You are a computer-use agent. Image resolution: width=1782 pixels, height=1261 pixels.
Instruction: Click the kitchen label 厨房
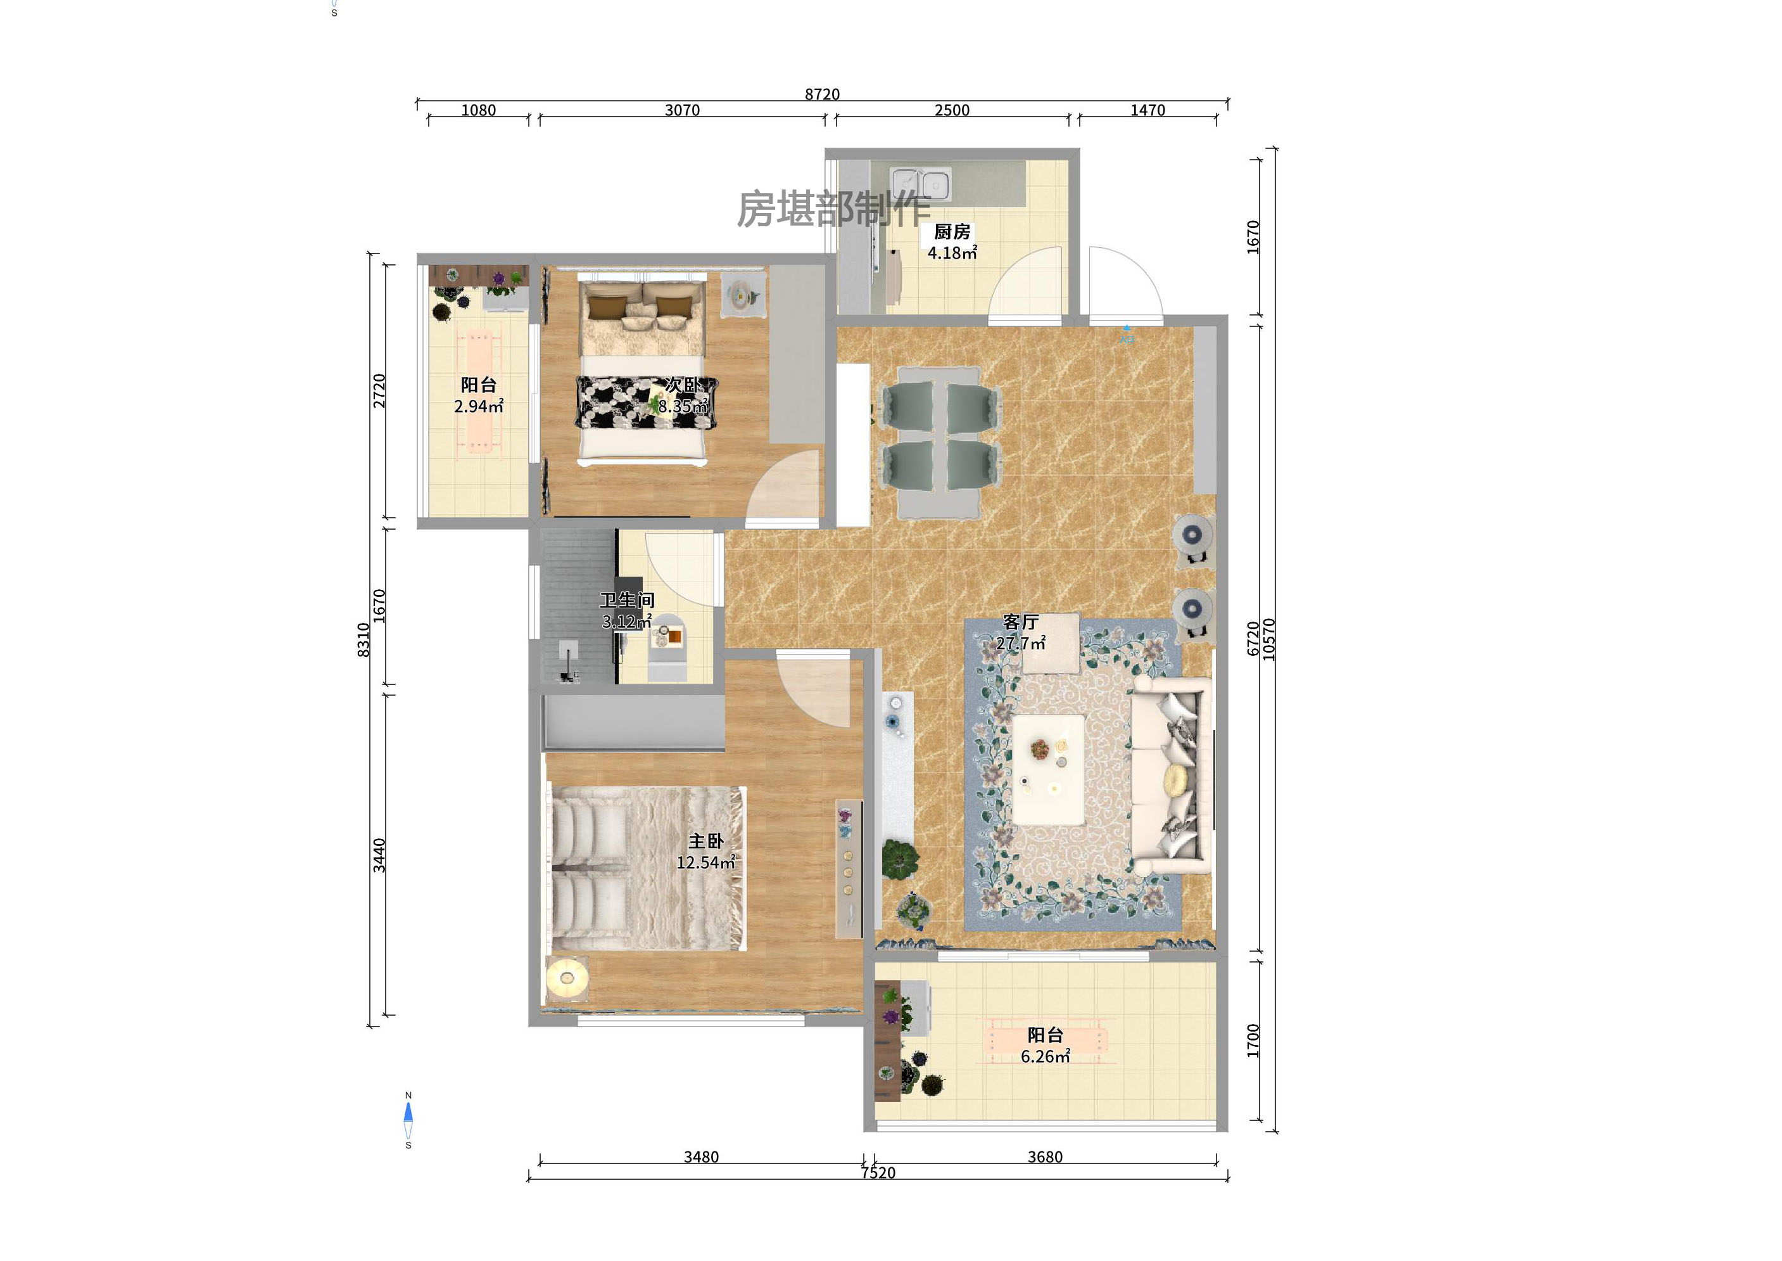pos(952,231)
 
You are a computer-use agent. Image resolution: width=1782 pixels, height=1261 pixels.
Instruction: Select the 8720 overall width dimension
pos(822,94)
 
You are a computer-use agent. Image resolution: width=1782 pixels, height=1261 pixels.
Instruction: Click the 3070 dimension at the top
pos(682,110)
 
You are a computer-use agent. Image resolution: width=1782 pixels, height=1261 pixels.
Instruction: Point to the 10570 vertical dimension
pos(1269,639)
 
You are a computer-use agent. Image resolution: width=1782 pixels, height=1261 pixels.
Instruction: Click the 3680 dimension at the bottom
pos(1045,1157)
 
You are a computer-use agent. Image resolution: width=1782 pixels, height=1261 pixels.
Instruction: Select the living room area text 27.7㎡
pos(1021,644)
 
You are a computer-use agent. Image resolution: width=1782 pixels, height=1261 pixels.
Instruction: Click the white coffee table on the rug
pos(1049,769)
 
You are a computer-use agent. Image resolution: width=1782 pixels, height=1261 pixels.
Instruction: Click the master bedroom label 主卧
pos(705,841)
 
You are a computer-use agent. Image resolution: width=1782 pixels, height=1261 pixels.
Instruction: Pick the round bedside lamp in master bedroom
pos(567,978)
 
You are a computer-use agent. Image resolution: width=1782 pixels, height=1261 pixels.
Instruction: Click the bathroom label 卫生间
pos(627,600)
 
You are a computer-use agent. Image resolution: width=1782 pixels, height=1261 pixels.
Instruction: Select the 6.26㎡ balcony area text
pos(1045,1057)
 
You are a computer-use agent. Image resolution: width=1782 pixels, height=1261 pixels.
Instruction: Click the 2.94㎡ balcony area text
pos(478,406)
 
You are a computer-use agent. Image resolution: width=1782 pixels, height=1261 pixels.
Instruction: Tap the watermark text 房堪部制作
pos(833,210)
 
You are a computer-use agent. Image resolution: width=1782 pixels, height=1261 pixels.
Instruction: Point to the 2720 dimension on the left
pos(379,390)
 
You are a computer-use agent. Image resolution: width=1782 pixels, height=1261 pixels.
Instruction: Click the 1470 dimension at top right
pos(1147,110)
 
